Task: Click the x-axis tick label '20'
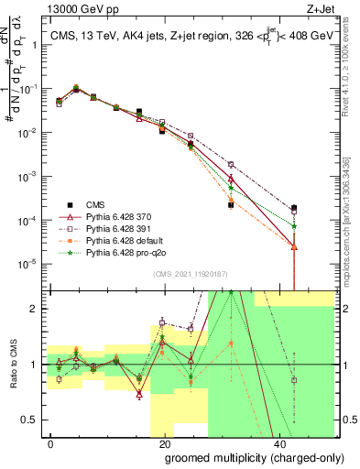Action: (165, 444)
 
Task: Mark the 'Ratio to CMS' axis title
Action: (12, 365)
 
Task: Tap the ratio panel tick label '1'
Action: (35, 365)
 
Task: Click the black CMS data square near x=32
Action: (231, 205)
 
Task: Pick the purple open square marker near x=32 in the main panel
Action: (231, 165)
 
